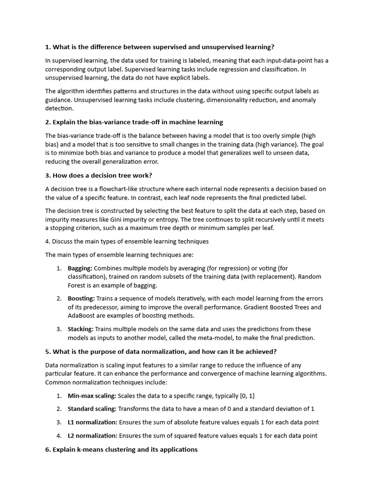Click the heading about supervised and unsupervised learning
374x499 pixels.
160,47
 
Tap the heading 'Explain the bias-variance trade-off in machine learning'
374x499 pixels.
134,122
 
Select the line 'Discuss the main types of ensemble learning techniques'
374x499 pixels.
127,241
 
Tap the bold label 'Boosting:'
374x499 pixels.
81,298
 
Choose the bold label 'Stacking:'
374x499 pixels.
80,329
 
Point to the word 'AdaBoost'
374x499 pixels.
81,316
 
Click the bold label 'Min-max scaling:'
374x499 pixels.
92,396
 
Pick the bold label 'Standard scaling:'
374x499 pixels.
92,409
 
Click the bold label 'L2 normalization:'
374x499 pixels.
93,436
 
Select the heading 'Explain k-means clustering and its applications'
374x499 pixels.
121,449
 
